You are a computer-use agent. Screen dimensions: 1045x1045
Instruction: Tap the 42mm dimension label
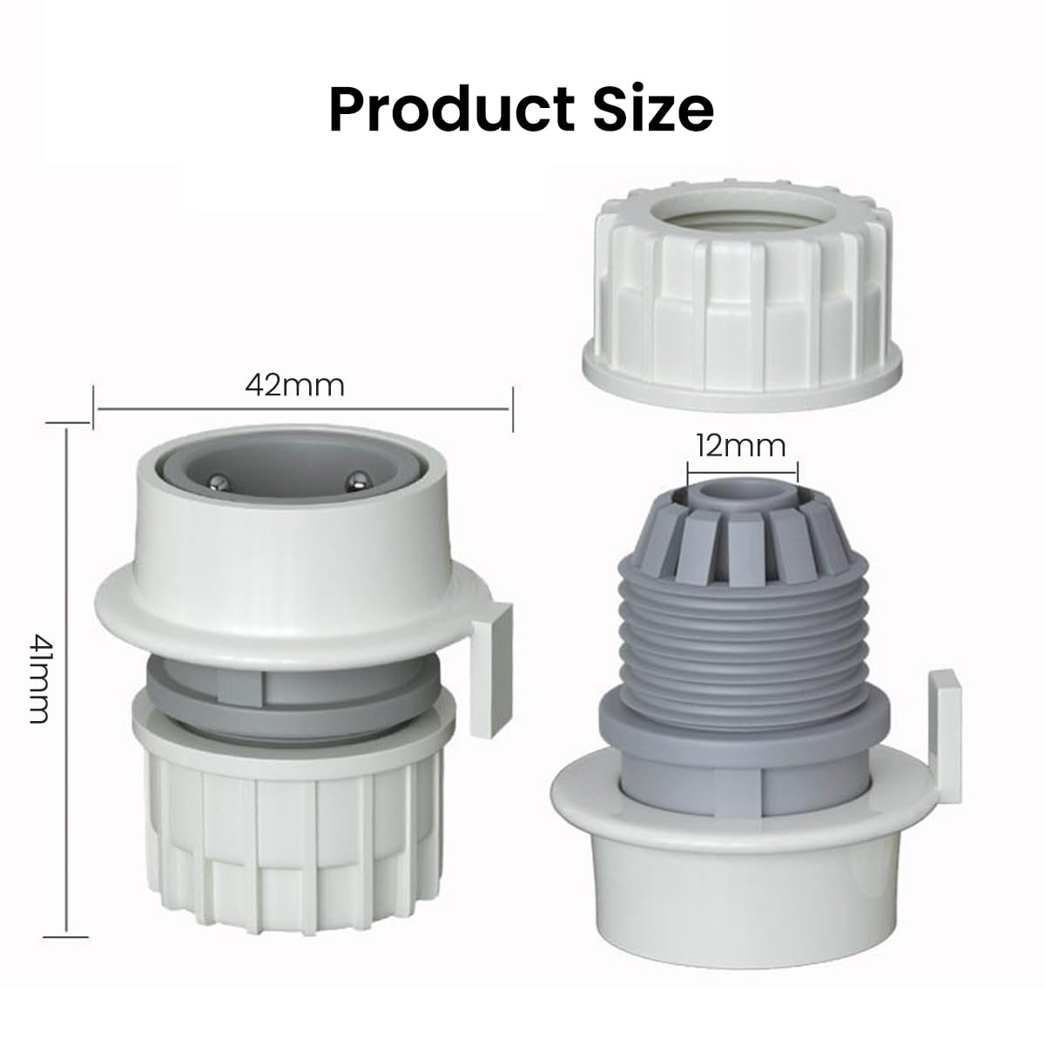tap(294, 384)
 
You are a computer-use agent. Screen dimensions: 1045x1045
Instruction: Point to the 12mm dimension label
tap(740, 446)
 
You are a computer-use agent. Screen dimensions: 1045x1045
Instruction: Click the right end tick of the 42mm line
tap(512, 408)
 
